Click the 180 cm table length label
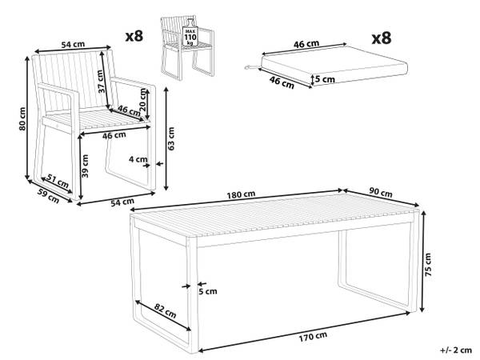click(x=241, y=194)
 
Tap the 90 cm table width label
click(x=381, y=192)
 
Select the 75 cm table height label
click(x=428, y=265)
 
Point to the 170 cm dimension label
click(x=313, y=337)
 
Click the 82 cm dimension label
click(x=165, y=310)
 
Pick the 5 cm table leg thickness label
click(x=208, y=291)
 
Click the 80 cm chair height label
click(x=22, y=118)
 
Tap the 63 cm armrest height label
click(x=171, y=138)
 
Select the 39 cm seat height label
click(x=86, y=166)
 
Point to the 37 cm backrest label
click(x=100, y=82)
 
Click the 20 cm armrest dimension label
click(x=142, y=99)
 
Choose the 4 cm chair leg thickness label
click(x=138, y=159)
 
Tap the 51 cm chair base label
click(x=58, y=181)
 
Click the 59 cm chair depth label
click(x=48, y=196)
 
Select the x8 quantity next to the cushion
click(x=382, y=38)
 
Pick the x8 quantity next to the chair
click(x=134, y=36)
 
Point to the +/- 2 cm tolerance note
click(x=456, y=350)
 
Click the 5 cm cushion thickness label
click(x=325, y=79)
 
